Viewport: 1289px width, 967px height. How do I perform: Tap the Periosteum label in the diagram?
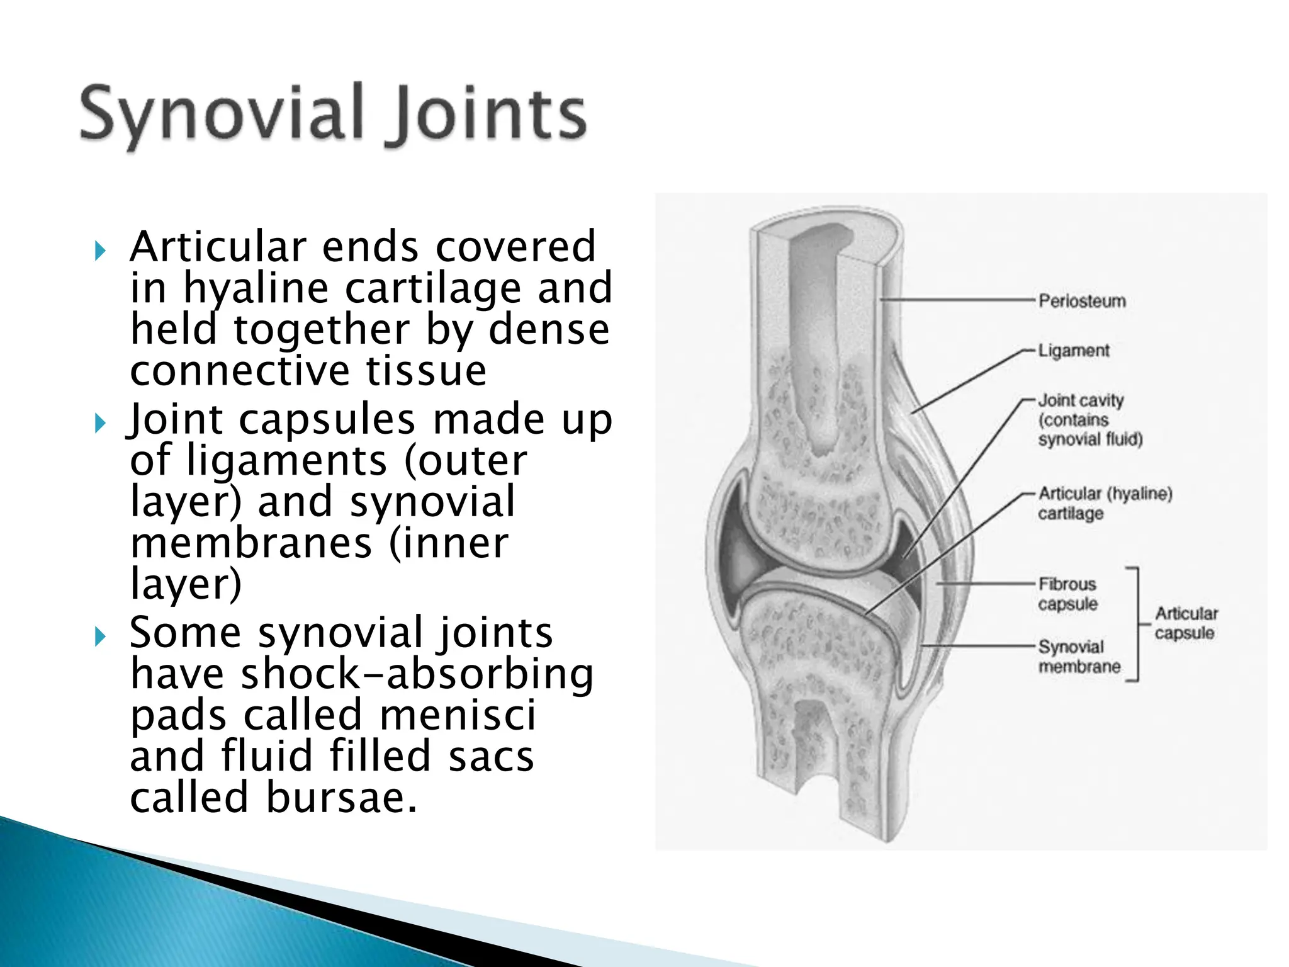[x=1081, y=301]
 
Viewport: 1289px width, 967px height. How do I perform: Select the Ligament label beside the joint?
[x=1073, y=351]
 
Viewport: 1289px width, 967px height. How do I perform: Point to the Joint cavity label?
[x=1089, y=419]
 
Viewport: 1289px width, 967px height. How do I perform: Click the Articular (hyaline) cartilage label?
[x=1105, y=503]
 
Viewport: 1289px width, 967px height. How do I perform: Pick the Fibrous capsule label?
[x=1067, y=594]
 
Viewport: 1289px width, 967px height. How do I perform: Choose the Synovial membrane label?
[x=1079, y=657]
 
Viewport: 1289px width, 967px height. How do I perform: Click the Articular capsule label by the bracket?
[x=1186, y=623]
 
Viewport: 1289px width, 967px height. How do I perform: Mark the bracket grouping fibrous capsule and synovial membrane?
[x=1137, y=624]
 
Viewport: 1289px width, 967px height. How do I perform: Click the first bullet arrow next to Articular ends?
[x=100, y=251]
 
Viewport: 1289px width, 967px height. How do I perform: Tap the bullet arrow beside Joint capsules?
[x=100, y=423]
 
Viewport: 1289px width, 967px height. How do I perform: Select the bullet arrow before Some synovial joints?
[x=100, y=636]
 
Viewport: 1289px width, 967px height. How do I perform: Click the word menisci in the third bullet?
[x=458, y=716]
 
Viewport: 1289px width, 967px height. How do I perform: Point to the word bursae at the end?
[x=342, y=798]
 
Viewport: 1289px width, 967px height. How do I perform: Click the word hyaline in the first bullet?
[x=256, y=289]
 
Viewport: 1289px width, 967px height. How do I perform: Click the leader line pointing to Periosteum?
[x=957, y=300]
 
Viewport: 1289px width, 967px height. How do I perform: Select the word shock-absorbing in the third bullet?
[x=417, y=674]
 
